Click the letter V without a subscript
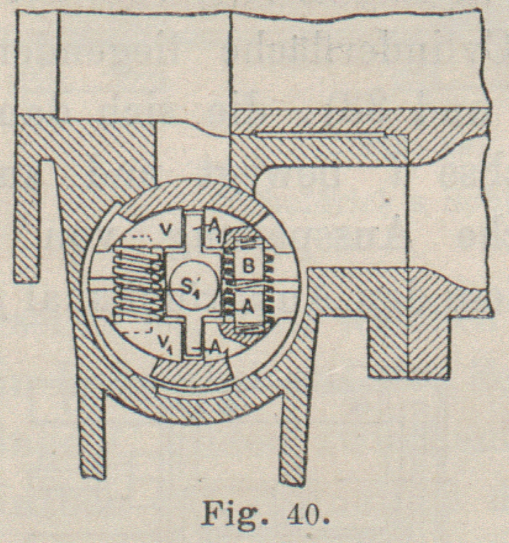[x=166, y=230]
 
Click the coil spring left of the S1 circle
[x=137, y=287]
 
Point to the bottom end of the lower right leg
[x=292, y=477]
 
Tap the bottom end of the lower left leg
[x=91, y=471]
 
